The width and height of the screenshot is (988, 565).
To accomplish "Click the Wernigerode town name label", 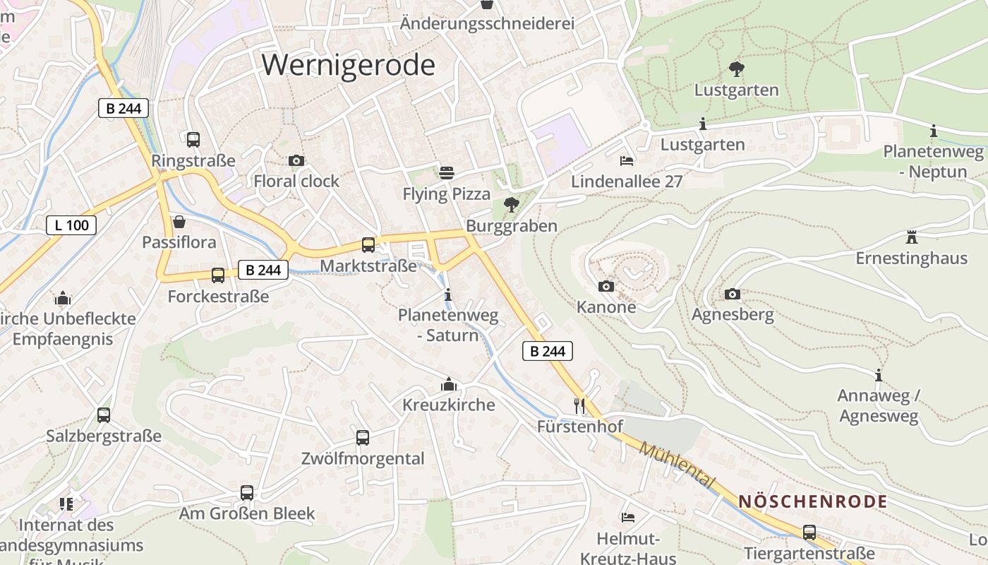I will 349,65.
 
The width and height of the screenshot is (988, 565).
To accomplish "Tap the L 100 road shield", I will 71,225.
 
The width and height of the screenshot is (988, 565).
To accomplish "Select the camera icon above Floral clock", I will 296,161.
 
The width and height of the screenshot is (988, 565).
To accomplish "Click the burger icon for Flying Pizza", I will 446,172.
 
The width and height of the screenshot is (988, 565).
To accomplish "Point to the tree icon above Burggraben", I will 512,205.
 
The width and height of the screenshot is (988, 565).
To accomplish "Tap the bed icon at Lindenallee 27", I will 627,161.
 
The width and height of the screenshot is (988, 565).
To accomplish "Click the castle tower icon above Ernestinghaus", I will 912,237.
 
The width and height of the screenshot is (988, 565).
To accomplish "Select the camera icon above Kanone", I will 606,286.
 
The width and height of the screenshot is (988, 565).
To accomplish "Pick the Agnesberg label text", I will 733,314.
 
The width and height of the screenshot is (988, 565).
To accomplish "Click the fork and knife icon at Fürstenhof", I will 579,405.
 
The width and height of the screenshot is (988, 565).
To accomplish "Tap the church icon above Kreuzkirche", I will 448,384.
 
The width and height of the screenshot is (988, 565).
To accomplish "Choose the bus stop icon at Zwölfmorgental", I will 363,437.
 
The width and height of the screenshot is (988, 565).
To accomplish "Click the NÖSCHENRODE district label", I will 812,502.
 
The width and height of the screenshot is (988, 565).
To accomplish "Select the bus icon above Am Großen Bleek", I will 247,492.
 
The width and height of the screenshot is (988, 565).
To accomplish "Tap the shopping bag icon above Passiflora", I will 179,222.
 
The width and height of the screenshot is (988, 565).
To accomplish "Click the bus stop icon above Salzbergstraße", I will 104,415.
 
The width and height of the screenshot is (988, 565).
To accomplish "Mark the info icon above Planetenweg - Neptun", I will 934,131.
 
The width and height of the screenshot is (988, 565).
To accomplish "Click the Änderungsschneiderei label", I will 487,23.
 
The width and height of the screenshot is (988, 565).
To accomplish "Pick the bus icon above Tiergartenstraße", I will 809,532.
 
